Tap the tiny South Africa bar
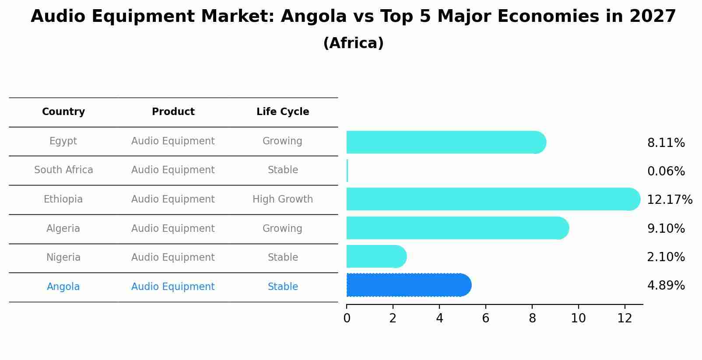click(347, 171)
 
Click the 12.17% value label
click(669, 200)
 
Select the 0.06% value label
click(666, 171)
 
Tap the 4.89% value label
click(666, 286)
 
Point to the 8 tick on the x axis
click(532, 318)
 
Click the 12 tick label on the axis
click(625, 318)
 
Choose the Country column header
click(63, 112)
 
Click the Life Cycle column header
click(283, 112)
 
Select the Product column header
click(173, 112)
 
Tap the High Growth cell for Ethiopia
click(283, 199)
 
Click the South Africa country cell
click(63, 170)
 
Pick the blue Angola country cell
click(63, 287)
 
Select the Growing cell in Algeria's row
click(282, 229)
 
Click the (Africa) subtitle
click(353, 43)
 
